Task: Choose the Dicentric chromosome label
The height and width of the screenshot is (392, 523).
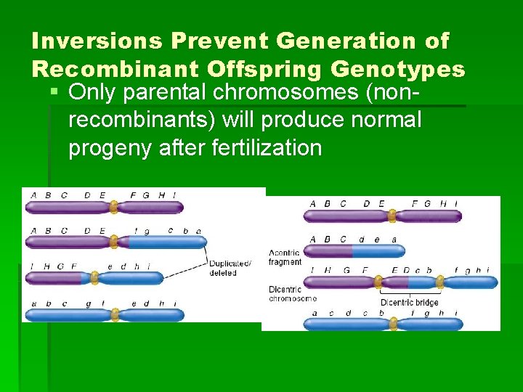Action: click(293, 293)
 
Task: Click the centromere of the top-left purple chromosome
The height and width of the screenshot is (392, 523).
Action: click(113, 208)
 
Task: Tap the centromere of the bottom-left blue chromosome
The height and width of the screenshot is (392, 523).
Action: click(113, 315)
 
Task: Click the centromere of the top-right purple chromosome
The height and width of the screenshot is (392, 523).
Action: click(392, 216)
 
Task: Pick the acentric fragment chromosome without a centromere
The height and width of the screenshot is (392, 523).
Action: click(354, 251)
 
